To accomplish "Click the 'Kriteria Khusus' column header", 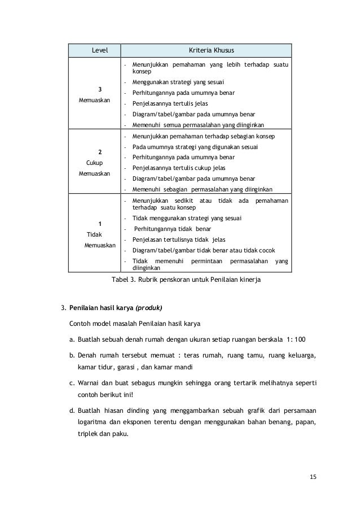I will (207, 50).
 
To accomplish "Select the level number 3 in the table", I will (100, 89).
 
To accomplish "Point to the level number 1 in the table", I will (100, 224).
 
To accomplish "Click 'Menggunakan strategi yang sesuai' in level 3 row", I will (178, 82).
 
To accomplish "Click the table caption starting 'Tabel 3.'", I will (186, 280).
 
